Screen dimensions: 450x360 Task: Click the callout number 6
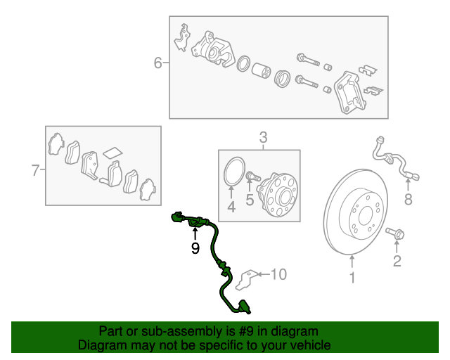(157, 63)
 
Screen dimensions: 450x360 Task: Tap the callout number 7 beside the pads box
(35, 170)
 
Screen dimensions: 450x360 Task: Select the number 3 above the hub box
(263, 138)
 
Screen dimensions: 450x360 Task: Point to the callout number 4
(231, 207)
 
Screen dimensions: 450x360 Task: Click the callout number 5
(250, 200)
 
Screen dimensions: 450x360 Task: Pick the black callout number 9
(195, 248)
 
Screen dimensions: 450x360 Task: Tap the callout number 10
(278, 274)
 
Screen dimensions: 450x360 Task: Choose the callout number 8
(408, 199)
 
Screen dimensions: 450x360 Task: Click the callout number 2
(397, 261)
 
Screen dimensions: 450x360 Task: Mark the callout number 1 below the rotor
(352, 278)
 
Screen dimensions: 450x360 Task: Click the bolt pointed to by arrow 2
(395, 233)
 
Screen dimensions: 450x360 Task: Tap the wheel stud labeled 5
(252, 176)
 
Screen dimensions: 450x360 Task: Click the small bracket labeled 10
(247, 279)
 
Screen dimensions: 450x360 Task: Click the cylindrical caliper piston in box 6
(261, 70)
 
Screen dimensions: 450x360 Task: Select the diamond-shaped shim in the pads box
(112, 153)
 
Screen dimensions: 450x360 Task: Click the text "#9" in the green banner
(246, 332)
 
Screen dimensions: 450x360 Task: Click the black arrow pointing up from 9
(195, 233)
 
